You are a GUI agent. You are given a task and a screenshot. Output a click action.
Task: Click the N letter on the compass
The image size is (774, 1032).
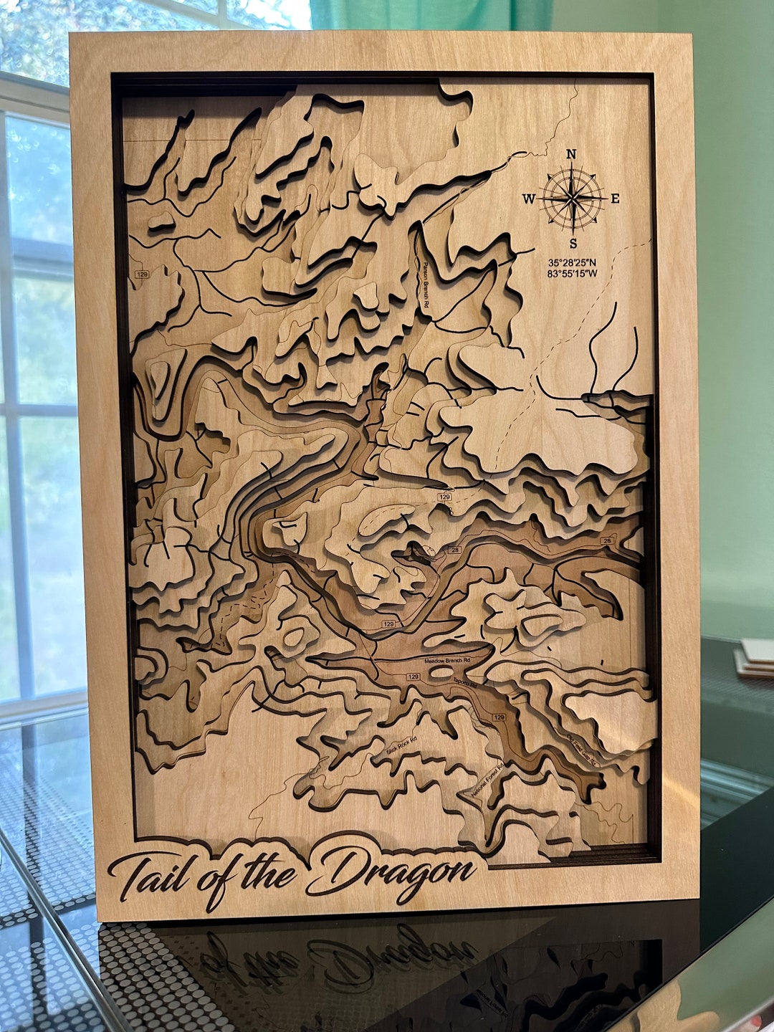click(571, 154)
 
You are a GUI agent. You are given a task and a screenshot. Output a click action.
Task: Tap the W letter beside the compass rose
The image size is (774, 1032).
click(528, 199)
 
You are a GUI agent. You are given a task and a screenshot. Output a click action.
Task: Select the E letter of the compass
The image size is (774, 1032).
click(615, 199)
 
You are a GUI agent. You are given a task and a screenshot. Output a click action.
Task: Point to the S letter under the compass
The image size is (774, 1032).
click(573, 243)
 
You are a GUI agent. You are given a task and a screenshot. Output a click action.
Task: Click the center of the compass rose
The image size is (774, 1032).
click(572, 199)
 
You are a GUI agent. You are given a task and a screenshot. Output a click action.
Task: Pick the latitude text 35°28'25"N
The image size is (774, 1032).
click(572, 262)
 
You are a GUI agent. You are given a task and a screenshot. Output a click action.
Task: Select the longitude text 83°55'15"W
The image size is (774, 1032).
click(572, 274)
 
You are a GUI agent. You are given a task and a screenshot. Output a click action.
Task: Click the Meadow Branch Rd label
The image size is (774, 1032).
click(446, 660)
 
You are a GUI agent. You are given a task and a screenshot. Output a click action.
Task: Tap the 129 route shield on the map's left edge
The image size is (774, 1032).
click(141, 274)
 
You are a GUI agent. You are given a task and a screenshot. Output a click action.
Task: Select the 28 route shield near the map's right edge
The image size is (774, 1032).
click(607, 540)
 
